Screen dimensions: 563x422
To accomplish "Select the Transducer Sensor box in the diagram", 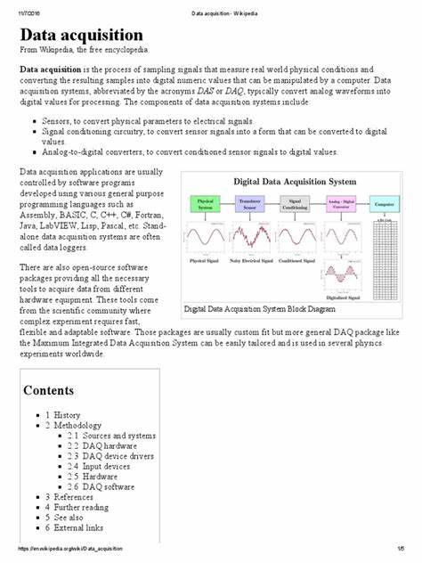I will [251, 204].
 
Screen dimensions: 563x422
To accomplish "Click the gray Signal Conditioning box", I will [296, 204].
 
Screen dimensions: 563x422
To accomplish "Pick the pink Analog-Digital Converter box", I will [340, 204].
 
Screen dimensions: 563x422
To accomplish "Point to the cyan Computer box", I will [383, 204].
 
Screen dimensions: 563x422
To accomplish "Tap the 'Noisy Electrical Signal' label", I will [252, 259].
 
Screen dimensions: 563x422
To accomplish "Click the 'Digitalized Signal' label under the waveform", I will [340, 298].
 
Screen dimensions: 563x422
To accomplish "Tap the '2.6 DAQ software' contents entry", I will [108, 487].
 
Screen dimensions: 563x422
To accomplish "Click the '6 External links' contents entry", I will [77, 527].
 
